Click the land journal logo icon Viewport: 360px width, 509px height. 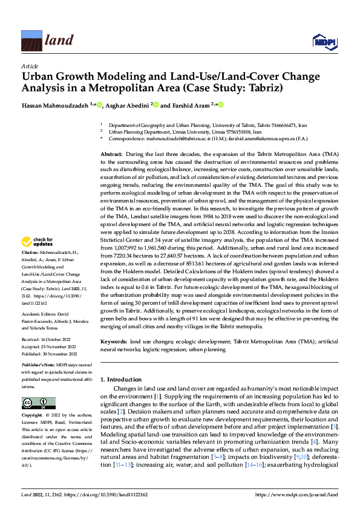[31, 41]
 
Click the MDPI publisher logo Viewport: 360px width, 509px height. [323, 41]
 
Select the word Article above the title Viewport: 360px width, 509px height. [30, 66]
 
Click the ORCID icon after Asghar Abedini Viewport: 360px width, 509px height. [156, 105]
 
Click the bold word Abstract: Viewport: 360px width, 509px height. [112, 155]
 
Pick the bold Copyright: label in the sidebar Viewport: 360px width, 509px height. [31, 416]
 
